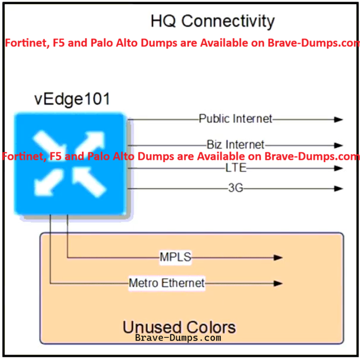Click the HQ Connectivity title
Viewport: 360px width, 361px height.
coord(212,21)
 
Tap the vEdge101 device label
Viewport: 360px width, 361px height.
coord(72,99)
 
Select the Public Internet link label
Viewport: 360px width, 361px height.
coord(236,119)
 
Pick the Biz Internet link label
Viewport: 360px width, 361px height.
coord(236,145)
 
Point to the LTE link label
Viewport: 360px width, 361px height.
coord(236,168)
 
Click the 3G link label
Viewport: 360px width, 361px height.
coord(236,188)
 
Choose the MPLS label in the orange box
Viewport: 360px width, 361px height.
coord(176,257)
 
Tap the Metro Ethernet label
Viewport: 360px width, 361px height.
coord(167,283)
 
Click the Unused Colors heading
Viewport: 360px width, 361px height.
coord(179,327)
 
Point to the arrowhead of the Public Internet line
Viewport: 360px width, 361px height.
coord(338,119)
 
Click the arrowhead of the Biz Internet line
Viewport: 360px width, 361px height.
coord(338,145)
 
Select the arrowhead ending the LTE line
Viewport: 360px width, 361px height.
coord(338,168)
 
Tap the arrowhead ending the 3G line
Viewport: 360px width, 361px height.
coord(338,188)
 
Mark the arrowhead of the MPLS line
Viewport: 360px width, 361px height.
coord(278,258)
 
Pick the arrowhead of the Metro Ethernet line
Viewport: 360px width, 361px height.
coord(278,283)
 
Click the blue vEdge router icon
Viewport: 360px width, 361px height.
coord(70,164)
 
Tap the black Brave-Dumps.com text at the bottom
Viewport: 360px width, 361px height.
coord(178,338)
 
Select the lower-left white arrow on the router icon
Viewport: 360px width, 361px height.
coord(48,182)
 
